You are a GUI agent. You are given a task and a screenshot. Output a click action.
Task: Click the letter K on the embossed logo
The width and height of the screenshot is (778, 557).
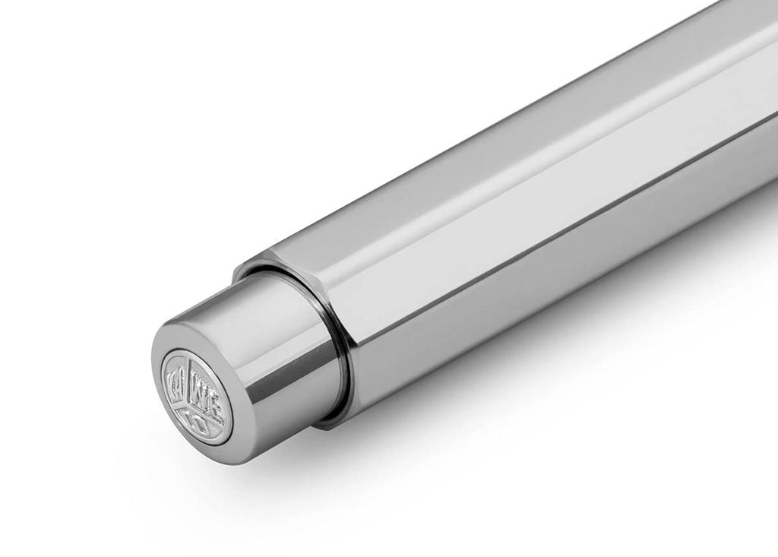pos(172,377)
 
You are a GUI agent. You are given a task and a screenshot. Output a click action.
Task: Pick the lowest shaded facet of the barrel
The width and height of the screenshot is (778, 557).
pos(532,304)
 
